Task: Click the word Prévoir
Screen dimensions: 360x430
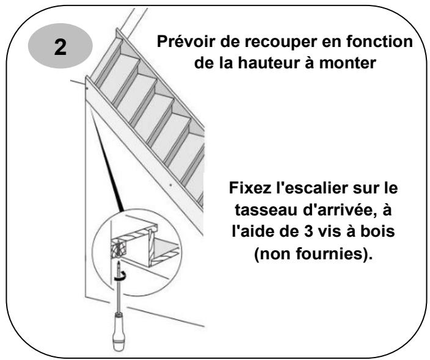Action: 180,45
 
